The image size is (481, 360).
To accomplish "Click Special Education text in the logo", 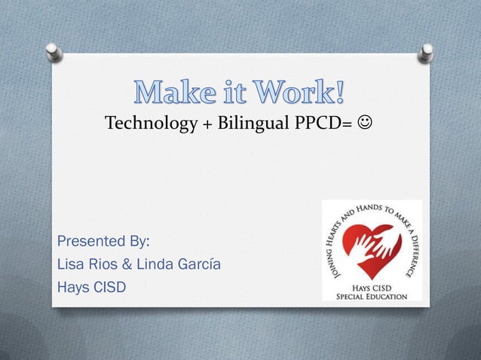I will pyautogui.click(x=372, y=296).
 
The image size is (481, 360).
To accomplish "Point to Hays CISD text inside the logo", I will pyautogui.click(x=372, y=287).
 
